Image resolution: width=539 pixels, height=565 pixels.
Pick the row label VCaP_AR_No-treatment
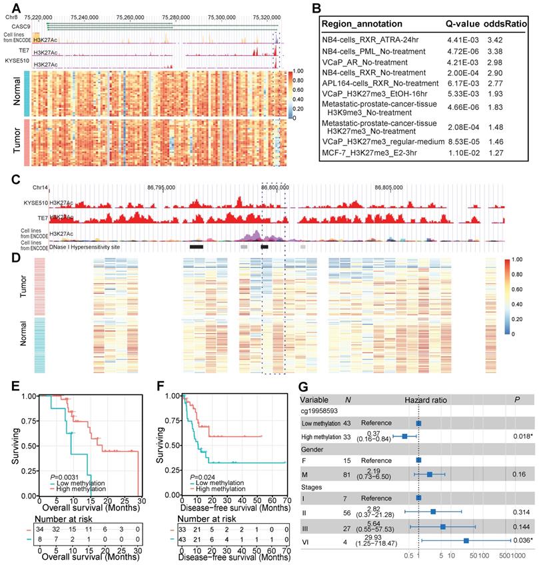(364, 60)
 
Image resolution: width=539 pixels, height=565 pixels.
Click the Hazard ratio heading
(426, 400)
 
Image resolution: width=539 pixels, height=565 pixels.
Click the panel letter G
(304, 386)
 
